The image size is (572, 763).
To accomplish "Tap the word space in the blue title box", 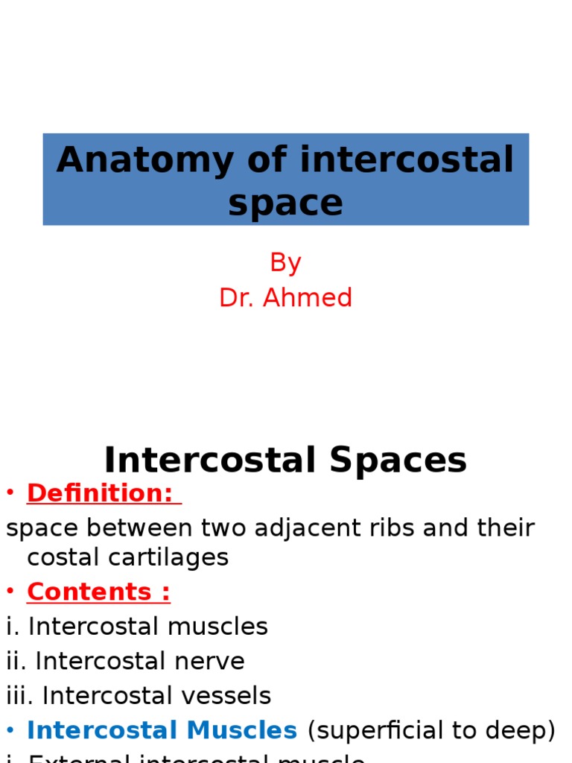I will (286, 203).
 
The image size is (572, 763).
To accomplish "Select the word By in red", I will (285, 262).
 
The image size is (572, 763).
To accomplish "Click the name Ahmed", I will (308, 298).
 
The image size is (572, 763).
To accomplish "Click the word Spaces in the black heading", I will (398, 460).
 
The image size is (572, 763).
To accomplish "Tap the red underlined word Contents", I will (89, 592).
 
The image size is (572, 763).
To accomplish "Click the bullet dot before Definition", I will (10, 493).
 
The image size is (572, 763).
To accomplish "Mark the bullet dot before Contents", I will (10, 592).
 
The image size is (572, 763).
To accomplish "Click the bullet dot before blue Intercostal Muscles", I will (10, 731).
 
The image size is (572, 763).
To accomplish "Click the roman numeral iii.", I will (19, 696).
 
